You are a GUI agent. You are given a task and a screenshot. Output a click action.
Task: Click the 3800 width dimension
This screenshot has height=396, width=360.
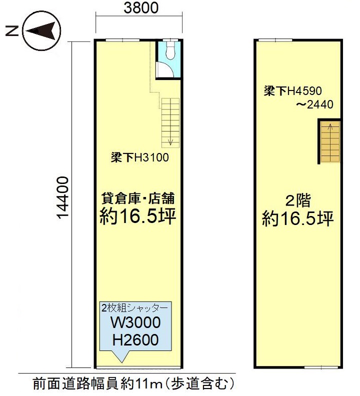tap(141, 7)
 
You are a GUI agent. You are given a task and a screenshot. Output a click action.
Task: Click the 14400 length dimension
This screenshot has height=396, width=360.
tap(62, 197)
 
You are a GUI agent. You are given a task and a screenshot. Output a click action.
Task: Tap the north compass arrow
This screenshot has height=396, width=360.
tap(41, 31)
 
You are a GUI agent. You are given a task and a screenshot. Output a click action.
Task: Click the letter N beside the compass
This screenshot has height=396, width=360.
tap(12, 31)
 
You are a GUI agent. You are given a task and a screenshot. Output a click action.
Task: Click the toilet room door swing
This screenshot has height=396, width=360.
tap(164, 69)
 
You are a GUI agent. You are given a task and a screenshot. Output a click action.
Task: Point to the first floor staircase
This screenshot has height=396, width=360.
tap(170, 122)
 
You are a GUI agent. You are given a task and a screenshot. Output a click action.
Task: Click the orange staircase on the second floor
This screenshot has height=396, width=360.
tap(330, 141)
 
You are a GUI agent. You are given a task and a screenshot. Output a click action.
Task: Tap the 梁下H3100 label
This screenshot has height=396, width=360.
tap(139, 157)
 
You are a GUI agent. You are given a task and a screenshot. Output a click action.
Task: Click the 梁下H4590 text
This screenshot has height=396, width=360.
tap(293, 91)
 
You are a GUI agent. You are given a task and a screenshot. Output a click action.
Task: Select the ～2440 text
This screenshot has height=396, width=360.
tap(315, 104)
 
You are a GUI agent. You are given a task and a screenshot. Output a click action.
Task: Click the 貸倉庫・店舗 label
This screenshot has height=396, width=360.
tap(138, 198)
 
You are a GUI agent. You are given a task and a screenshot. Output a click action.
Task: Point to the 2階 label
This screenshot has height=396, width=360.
tap(298, 201)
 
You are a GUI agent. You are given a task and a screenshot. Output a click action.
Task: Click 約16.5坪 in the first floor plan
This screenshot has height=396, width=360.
tap(138, 216)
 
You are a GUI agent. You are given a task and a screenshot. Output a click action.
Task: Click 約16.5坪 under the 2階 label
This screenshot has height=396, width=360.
tap(298, 218)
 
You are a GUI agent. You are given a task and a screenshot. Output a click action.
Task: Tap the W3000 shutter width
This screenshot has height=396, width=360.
tap(135, 322)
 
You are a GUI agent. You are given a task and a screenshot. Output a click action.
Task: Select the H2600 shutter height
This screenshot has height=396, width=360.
tap(135, 340)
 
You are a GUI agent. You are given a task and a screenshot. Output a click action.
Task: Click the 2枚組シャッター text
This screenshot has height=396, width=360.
tap(134, 308)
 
